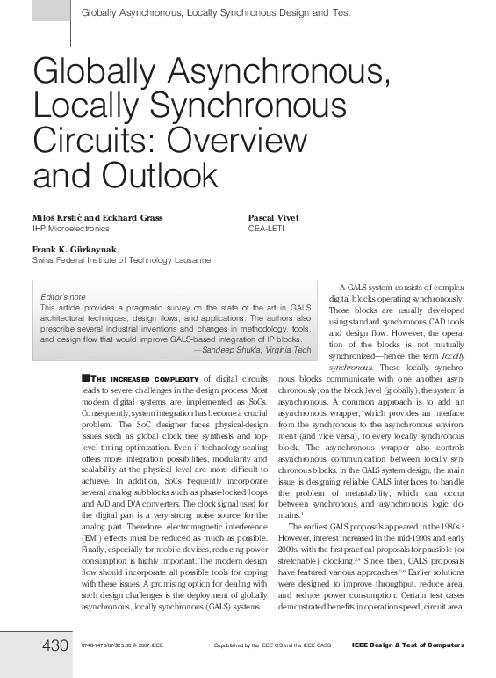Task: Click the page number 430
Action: [54, 647]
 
